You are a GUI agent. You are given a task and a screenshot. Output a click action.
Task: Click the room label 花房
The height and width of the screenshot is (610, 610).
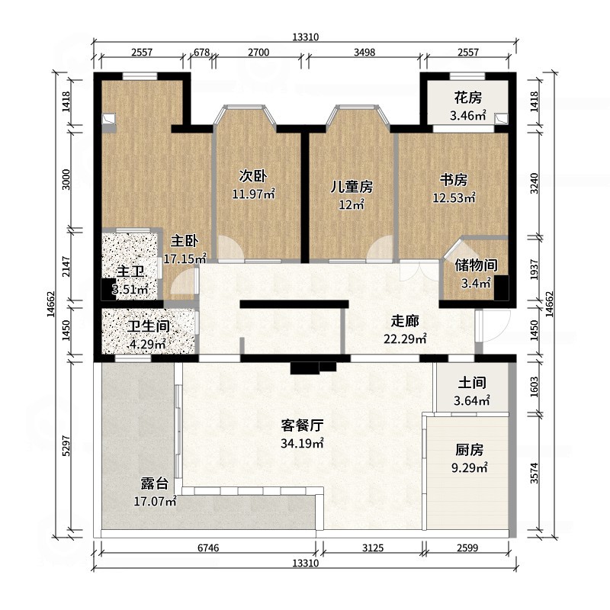click(467, 98)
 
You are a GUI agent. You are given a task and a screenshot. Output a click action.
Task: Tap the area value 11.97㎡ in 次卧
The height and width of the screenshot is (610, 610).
click(252, 194)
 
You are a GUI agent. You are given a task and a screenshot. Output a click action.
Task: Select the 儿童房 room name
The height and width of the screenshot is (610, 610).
click(352, 187)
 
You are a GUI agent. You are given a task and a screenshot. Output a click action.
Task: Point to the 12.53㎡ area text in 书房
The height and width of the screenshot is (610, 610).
click(454, 198)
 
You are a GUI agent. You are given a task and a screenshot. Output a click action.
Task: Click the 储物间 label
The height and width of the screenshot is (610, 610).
click(476, 265)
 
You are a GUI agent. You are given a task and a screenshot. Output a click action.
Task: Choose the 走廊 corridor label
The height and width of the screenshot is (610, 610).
click(404, 322)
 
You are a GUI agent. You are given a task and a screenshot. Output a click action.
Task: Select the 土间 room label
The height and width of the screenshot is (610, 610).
click(472, 384)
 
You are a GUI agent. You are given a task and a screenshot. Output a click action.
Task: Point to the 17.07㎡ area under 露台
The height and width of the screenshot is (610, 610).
click(156, 501)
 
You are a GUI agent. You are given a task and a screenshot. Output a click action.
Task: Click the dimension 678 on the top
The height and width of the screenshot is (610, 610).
click(201, 53)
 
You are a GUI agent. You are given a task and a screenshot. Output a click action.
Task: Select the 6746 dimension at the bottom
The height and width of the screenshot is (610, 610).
click(207, 548)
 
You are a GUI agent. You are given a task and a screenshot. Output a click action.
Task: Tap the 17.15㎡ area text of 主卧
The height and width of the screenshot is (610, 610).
click(185, 259)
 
